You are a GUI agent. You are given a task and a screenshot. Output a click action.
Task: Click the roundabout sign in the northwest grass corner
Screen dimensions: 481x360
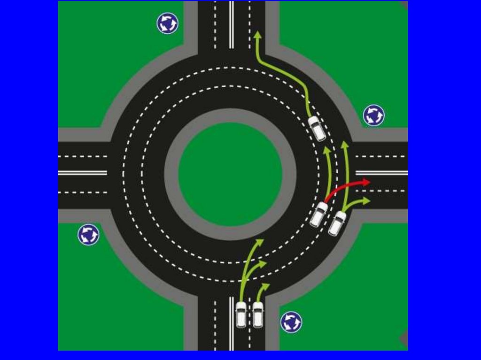coord(167,23)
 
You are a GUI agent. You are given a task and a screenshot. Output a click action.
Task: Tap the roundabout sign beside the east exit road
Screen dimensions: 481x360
coord(374,115)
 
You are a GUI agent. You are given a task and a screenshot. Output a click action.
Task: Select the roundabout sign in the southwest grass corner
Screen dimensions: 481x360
coord(88,234)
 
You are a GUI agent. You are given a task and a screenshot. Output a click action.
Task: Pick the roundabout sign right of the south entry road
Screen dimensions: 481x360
coord(291,322)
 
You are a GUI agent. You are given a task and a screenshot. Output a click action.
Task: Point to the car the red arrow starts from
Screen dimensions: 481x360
coord(319,214)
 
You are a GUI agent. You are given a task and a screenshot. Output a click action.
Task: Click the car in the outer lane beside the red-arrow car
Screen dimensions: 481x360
coord(337,223)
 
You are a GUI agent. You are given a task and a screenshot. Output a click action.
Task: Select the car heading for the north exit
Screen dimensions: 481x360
coord(317,128)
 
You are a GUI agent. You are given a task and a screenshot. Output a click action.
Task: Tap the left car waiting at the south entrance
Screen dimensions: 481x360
coord(241,314)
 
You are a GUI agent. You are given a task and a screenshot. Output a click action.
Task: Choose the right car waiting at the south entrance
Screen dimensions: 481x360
coord(258,314)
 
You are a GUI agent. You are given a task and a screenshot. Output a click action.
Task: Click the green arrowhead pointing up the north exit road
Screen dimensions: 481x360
coord(257,35)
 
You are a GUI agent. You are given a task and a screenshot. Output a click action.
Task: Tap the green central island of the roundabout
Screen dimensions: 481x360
coord(230,174)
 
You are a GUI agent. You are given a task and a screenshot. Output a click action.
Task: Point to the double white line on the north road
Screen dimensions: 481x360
coord(231,23)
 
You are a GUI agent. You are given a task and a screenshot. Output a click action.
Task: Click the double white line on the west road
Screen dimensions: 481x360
coord(83,172)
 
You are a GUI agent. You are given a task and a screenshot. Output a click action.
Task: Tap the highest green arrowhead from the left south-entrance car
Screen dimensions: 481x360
coord(260,242)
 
